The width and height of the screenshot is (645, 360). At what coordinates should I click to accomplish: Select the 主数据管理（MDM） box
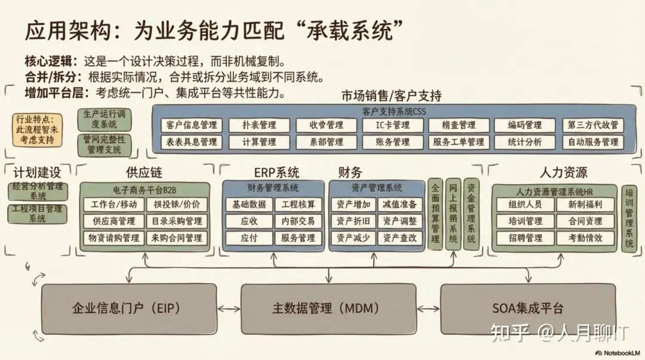[x=328, y=309]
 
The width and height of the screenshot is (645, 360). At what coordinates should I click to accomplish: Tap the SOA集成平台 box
[x=528, y=309]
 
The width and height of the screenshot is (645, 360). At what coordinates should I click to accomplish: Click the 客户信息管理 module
[x=191, y=125]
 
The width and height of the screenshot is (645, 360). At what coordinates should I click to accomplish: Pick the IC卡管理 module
[x=392, y=125]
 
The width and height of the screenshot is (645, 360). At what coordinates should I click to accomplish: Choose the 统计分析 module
[x=525, y=142]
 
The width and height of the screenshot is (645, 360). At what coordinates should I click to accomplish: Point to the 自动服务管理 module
[x=593, y=142]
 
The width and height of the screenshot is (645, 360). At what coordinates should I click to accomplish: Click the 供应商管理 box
[x=113, y=221]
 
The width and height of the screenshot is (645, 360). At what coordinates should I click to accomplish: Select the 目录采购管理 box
[x=177, y=221]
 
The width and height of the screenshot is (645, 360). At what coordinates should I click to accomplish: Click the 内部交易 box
[x=297, y=221]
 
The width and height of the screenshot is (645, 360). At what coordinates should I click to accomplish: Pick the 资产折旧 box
[x=352, y=221]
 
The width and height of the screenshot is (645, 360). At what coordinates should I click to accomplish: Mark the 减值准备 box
[x=400, y=204]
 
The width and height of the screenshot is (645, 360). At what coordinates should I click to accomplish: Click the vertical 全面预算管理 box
[x=435, y=214]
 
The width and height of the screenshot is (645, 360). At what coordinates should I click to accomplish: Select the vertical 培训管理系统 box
[x=629, y=219]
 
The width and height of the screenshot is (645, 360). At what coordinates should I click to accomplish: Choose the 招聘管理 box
[x=526, y=238]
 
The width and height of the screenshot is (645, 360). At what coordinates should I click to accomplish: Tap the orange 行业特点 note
[x=38, y=130]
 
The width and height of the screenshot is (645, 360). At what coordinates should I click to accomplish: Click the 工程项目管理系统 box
[x=38, y=214]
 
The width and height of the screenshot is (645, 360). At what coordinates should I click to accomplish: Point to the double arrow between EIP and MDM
[x=229, y=309]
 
